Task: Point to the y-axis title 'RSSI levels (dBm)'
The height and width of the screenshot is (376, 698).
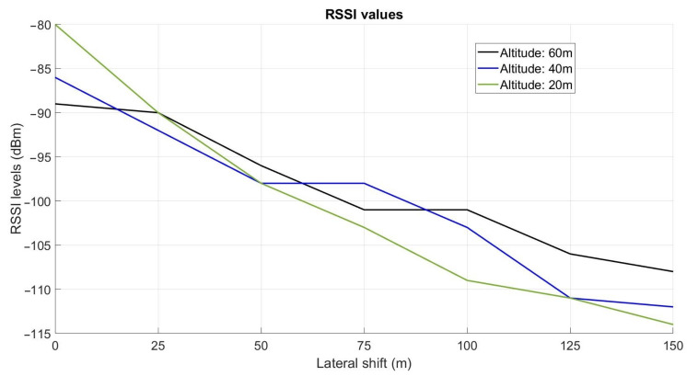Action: pyautogui.click(x=16, y=178)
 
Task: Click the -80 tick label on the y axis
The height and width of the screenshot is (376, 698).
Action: pyautogui.click(x=39, y=25)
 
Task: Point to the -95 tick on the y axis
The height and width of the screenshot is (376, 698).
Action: pyautogui.click(x=39, y=157)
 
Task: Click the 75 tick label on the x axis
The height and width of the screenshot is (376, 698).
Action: pyautogui.click(x=364, y=346)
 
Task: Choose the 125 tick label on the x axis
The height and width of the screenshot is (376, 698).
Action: pyautogui.click(x=570, y=346)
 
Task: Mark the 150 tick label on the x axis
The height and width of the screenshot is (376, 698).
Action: pyautogui.click(x=672, y=346)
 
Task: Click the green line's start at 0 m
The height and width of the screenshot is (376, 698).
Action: pyautogui.click(x=55, y=25)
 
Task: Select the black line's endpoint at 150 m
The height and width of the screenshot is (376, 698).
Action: pyautogui.click(x=673, y=271)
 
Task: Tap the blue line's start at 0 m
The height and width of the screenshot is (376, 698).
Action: pyautogui.click(x=55, y=77)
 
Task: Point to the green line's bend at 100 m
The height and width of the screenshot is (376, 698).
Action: pyautogui.click(x=467, y=280)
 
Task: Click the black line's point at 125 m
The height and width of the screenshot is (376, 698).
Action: pyautogui.click(x=570, y=254)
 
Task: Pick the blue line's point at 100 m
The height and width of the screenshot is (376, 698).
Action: pyautogui.click(x=467, y=227)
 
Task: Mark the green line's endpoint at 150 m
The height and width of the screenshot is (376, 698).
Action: pyautogui.click(x=673, y=325)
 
